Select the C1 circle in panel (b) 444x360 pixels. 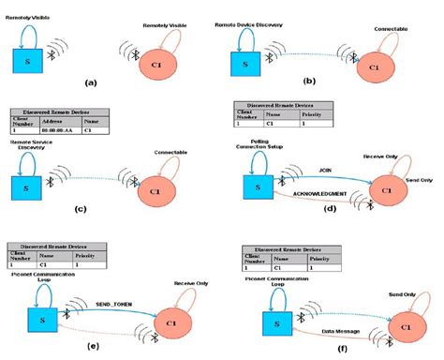pyautogui.click(x=374, y=68)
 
